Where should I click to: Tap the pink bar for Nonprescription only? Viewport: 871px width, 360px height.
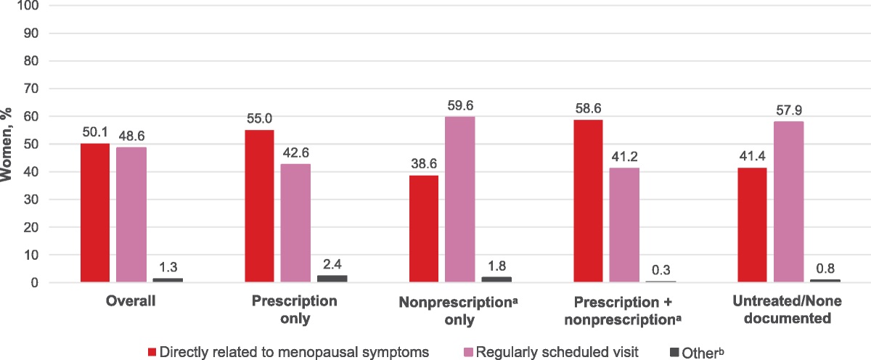tap(460, 200)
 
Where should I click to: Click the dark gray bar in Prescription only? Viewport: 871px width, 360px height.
tap(332, 279)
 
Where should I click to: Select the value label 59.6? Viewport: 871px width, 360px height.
tap(460, 107)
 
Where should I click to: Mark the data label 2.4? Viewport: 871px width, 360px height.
tap(332, 266)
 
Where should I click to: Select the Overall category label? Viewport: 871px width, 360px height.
tap(131, 302)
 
